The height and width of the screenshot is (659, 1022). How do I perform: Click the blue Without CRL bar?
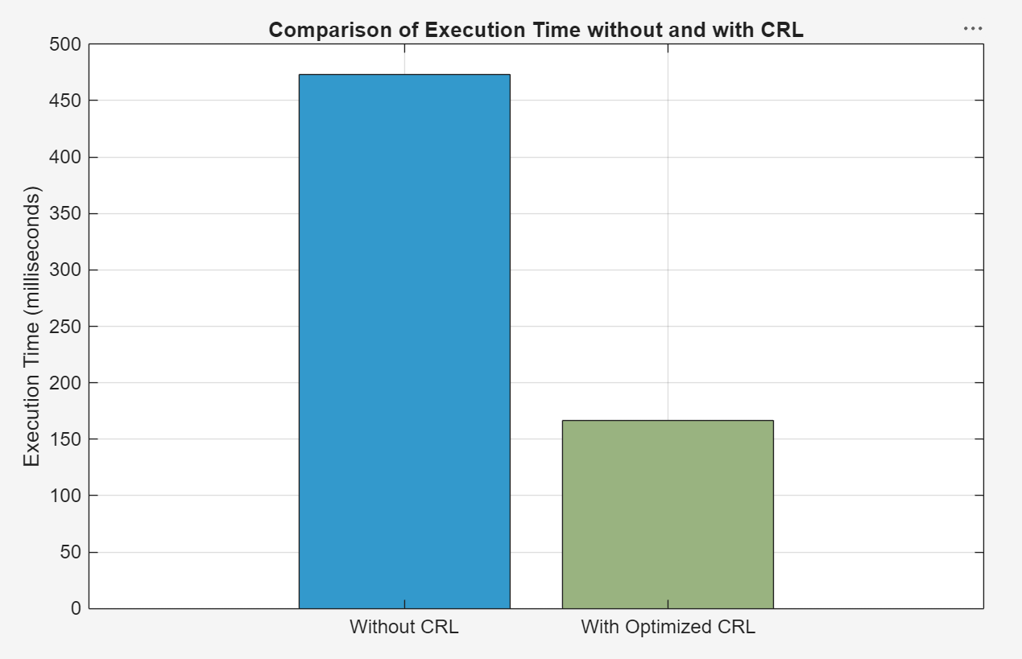click(404, 341)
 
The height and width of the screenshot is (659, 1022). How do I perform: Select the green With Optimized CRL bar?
click(668, 514)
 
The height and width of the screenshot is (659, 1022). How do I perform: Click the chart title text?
click(536, 30)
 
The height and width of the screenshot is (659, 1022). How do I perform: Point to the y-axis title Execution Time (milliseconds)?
click(31, 327)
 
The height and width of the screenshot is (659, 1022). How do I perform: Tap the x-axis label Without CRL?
click(404, 627)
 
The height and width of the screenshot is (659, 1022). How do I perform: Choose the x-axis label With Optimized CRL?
click(668, 627)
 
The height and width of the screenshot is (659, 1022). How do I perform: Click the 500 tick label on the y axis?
click(65, 44)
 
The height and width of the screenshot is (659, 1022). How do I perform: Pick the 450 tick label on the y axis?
click(65, 101)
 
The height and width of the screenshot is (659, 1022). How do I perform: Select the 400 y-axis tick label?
click(65, 157)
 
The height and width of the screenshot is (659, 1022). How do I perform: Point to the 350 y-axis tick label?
click(65, 214)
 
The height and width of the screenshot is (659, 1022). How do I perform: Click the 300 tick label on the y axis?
click(65, 270)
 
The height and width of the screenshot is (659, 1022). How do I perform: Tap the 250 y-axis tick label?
click(65, 327)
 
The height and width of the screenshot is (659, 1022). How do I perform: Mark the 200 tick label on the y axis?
click(65, 383)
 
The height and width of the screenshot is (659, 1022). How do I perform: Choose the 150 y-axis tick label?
click(65, 439)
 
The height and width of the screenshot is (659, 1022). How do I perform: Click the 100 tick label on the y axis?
click(65, 496)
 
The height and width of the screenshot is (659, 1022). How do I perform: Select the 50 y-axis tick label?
click(70, 553)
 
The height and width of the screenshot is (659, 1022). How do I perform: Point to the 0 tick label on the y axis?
click(76, 609)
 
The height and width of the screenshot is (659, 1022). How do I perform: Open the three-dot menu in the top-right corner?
click(972, 28)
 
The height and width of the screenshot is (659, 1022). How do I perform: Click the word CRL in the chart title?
click(782, 30)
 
